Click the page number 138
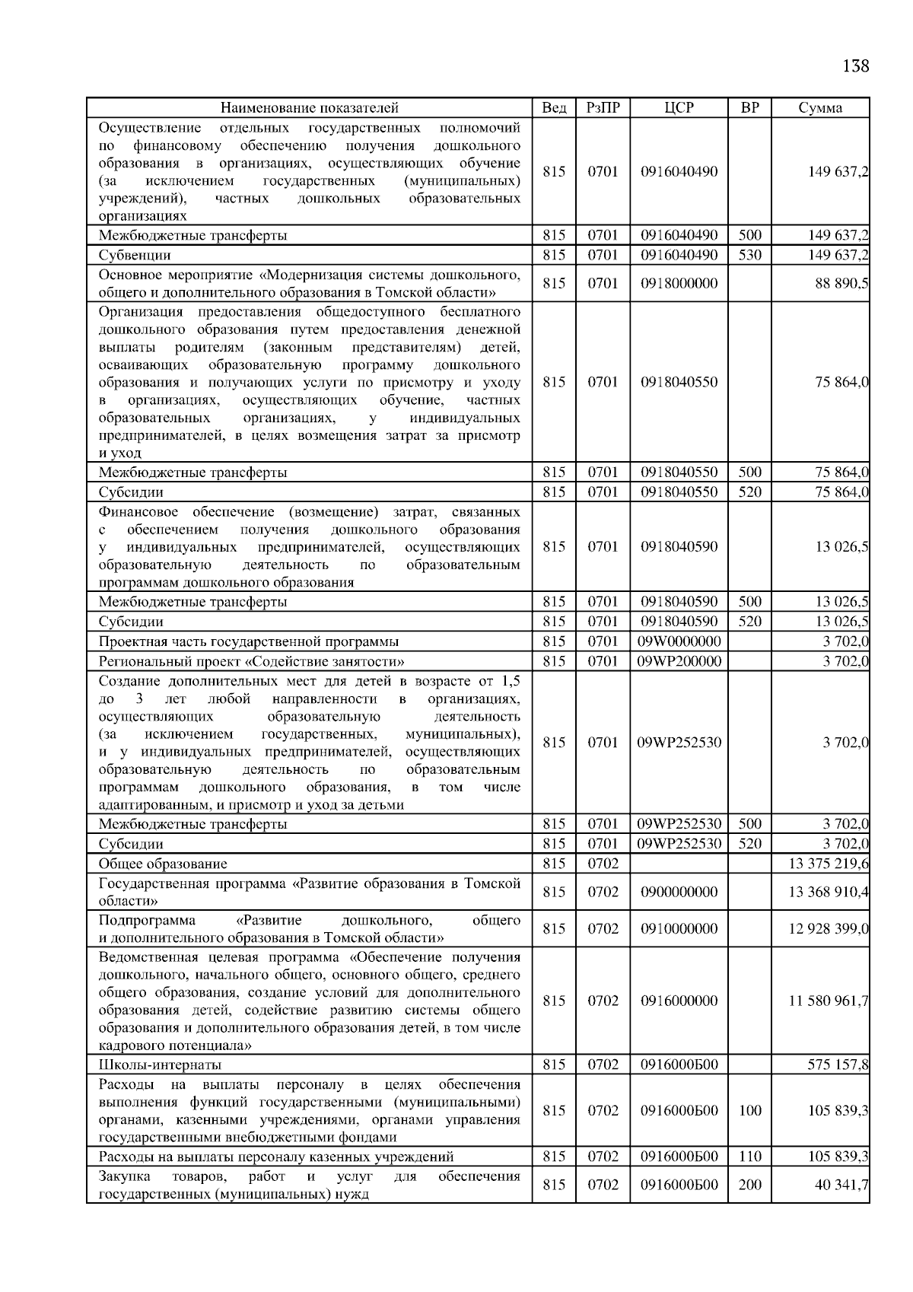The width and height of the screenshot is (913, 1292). coord(855,66)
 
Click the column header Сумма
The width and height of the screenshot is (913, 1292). coord(820,107)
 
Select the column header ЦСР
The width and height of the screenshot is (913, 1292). coord(679,107)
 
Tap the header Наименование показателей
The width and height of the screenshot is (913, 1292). coord(310,107)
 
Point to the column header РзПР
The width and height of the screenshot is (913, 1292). coord(603,107)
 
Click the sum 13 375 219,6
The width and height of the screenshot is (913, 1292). coord(829,864)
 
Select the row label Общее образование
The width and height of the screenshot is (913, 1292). coord(163,864)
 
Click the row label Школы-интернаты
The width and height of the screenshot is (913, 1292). coord(160,1064)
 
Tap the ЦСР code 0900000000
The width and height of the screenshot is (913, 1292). coord(679,892)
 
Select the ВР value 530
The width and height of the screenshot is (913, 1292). coord(749,255)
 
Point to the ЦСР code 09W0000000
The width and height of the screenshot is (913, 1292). coord(679,641)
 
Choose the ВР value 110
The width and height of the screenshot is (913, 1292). coord(749,1157)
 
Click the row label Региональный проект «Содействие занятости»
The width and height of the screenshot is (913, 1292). coord(251,661)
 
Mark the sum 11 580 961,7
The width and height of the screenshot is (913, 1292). coord(829,1001)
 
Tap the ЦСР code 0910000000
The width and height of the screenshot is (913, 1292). coord(679,928)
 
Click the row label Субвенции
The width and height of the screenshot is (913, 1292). coord(135,255)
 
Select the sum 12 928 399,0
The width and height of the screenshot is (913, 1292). coord(829,928)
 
